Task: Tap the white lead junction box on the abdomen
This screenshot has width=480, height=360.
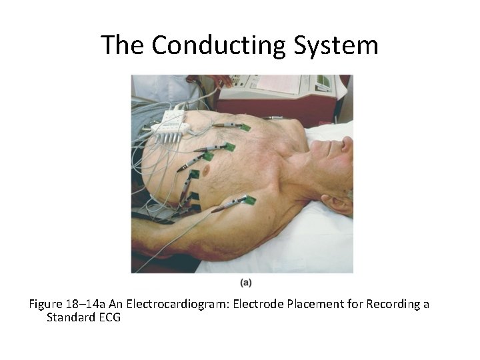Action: (169, 123)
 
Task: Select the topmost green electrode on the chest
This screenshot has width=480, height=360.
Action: (245, 127)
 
